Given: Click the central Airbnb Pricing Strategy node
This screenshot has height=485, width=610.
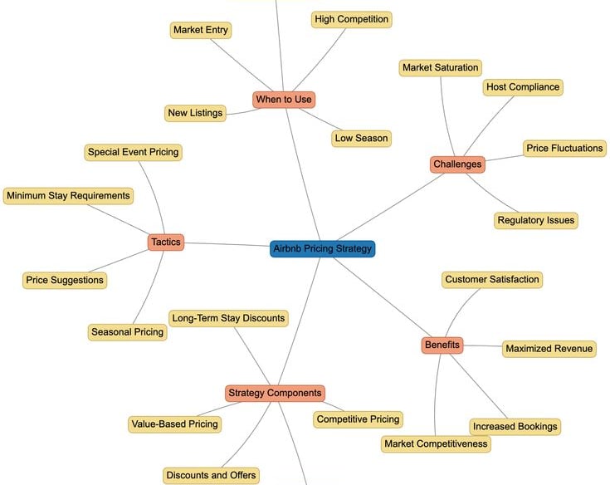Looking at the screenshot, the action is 323,248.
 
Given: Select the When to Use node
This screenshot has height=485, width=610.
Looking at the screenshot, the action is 284,100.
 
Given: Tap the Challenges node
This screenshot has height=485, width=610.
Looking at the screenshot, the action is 457,164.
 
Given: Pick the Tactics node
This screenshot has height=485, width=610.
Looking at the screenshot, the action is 165,242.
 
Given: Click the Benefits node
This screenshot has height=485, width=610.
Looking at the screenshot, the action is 442,345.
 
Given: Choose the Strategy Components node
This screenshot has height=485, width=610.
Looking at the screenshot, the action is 274,393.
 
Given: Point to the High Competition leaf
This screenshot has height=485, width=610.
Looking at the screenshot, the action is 351,19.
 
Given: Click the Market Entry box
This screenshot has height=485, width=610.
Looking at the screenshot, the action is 200,30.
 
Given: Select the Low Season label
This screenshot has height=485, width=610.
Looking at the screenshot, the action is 360,138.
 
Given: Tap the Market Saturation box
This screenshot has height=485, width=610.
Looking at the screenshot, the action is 440,67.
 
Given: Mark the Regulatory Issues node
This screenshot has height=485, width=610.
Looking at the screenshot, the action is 535,220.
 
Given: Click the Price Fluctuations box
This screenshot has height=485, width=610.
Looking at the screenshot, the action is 564,149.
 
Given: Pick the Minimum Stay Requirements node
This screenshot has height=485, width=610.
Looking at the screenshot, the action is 68,196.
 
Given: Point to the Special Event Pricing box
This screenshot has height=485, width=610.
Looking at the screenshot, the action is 133,152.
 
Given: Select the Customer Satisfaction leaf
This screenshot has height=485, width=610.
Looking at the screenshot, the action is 492,280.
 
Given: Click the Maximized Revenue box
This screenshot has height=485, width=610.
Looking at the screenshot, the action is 549,349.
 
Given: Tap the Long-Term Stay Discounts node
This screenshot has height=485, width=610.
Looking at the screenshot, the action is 228,318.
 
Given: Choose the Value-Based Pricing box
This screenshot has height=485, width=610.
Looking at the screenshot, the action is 174,424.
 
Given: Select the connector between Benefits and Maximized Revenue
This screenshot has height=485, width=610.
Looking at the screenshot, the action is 482,346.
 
